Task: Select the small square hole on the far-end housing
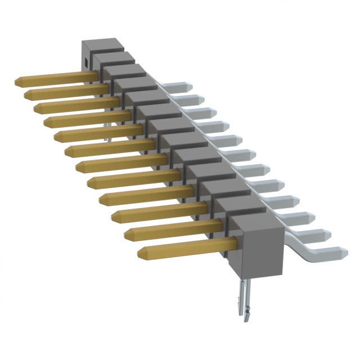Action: [x=85, y=61]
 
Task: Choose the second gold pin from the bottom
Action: [x=169, y=231]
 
